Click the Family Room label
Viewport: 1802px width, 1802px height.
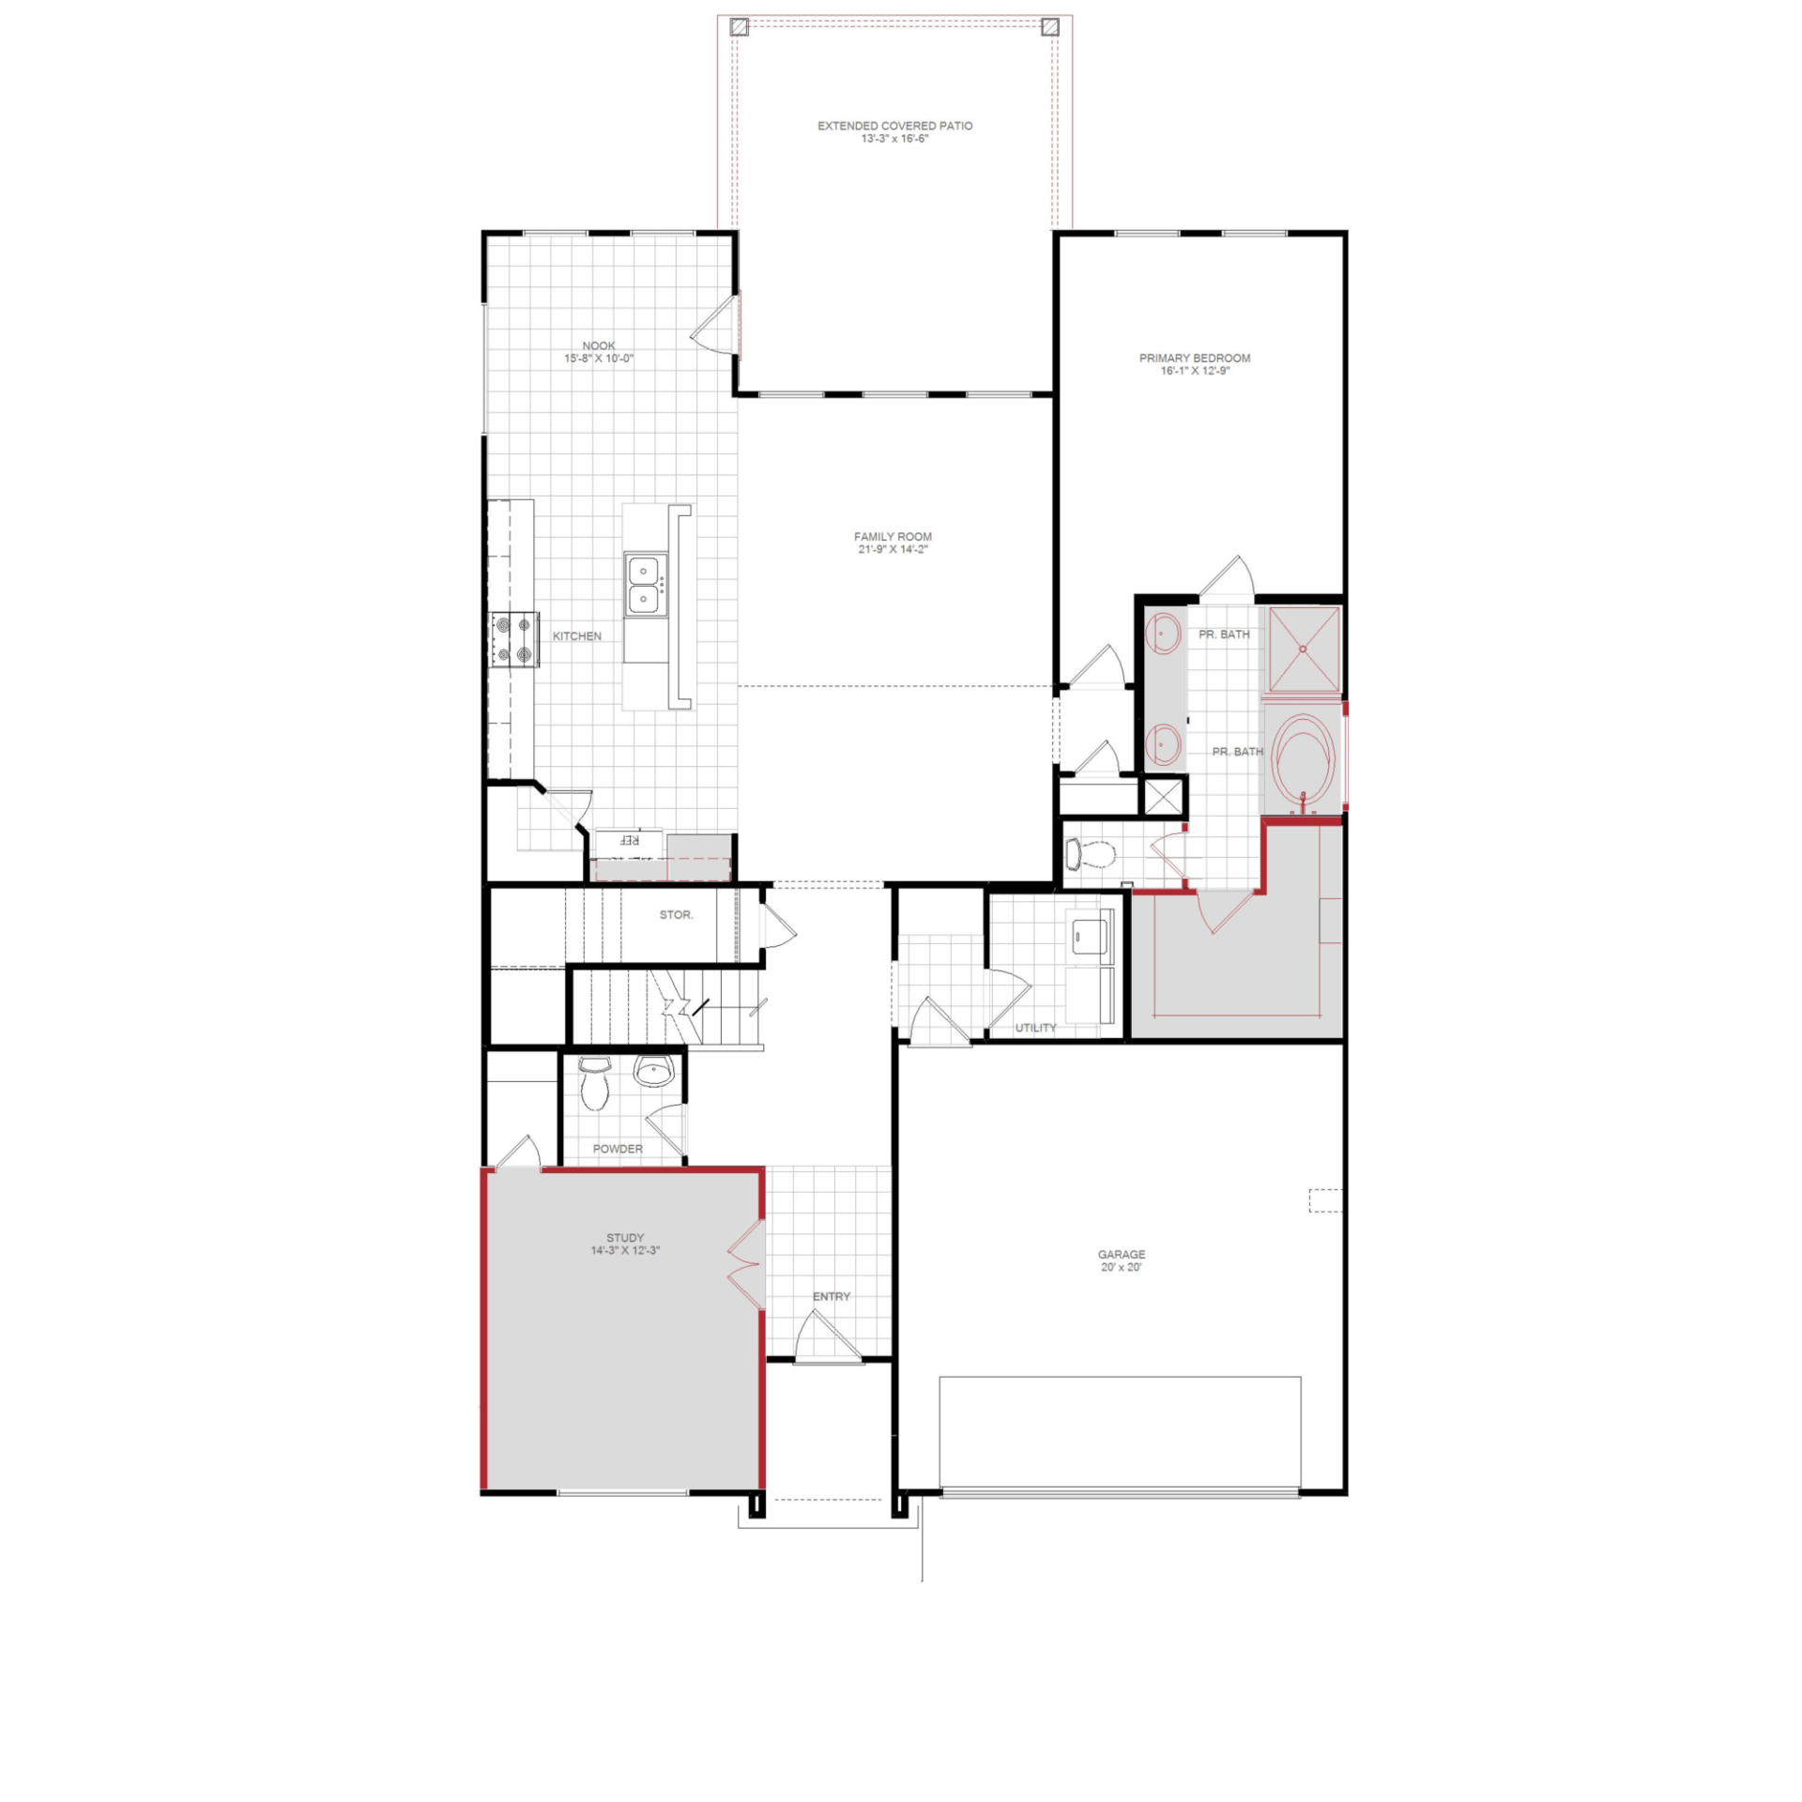pos(893,537)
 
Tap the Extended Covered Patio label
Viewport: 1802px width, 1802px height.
pos(894,126)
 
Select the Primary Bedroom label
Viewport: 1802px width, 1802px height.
pos(1195,358)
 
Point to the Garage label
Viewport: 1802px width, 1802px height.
pos(1122,1254)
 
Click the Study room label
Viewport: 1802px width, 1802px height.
pos(625,1238)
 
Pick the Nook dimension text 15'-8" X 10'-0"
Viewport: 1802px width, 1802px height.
pos(599,359)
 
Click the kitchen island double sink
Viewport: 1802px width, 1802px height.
pos(645,584)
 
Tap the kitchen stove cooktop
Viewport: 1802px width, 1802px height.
pos(514,639)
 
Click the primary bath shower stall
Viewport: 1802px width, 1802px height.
pos(1304,649)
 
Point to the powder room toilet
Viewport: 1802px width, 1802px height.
pos(594,1082)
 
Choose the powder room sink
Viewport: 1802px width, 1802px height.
pos(653,1070)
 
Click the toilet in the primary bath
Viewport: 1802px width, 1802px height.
pos(1090,854)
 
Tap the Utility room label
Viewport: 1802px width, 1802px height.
pos(1035,1028)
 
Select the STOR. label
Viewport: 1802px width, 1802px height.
pos(676,914)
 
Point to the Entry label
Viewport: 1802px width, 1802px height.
pos(832,1296)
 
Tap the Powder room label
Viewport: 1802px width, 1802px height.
pos(618,1149)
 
